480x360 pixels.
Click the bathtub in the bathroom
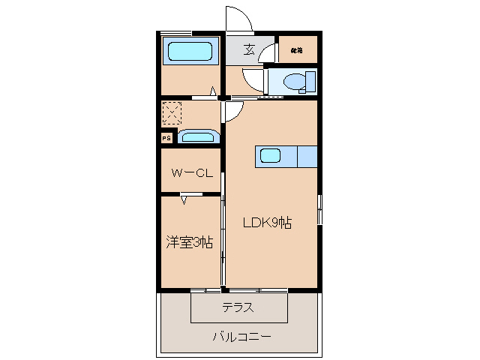point(190,52)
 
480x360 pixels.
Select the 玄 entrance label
point(248,51)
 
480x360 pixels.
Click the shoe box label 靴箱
point(297,50)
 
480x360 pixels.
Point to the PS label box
point(166,138)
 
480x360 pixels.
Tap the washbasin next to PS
point(198,137)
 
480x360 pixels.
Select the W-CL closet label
point(193,173)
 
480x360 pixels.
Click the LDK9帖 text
point(266,223)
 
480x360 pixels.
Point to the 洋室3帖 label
point(189,242)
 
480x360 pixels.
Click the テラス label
point(238,307)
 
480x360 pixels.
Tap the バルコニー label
point(240,337)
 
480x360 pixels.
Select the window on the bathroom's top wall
point(175,33)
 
